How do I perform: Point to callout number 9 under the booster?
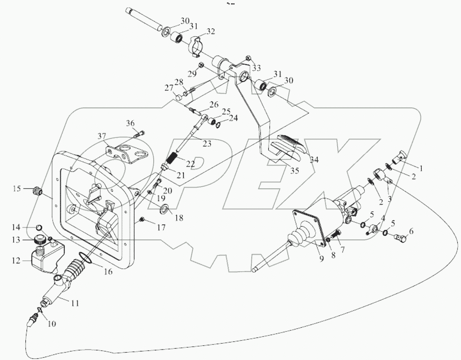tap(321, 259)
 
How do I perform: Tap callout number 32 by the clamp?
tap(211, 31)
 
